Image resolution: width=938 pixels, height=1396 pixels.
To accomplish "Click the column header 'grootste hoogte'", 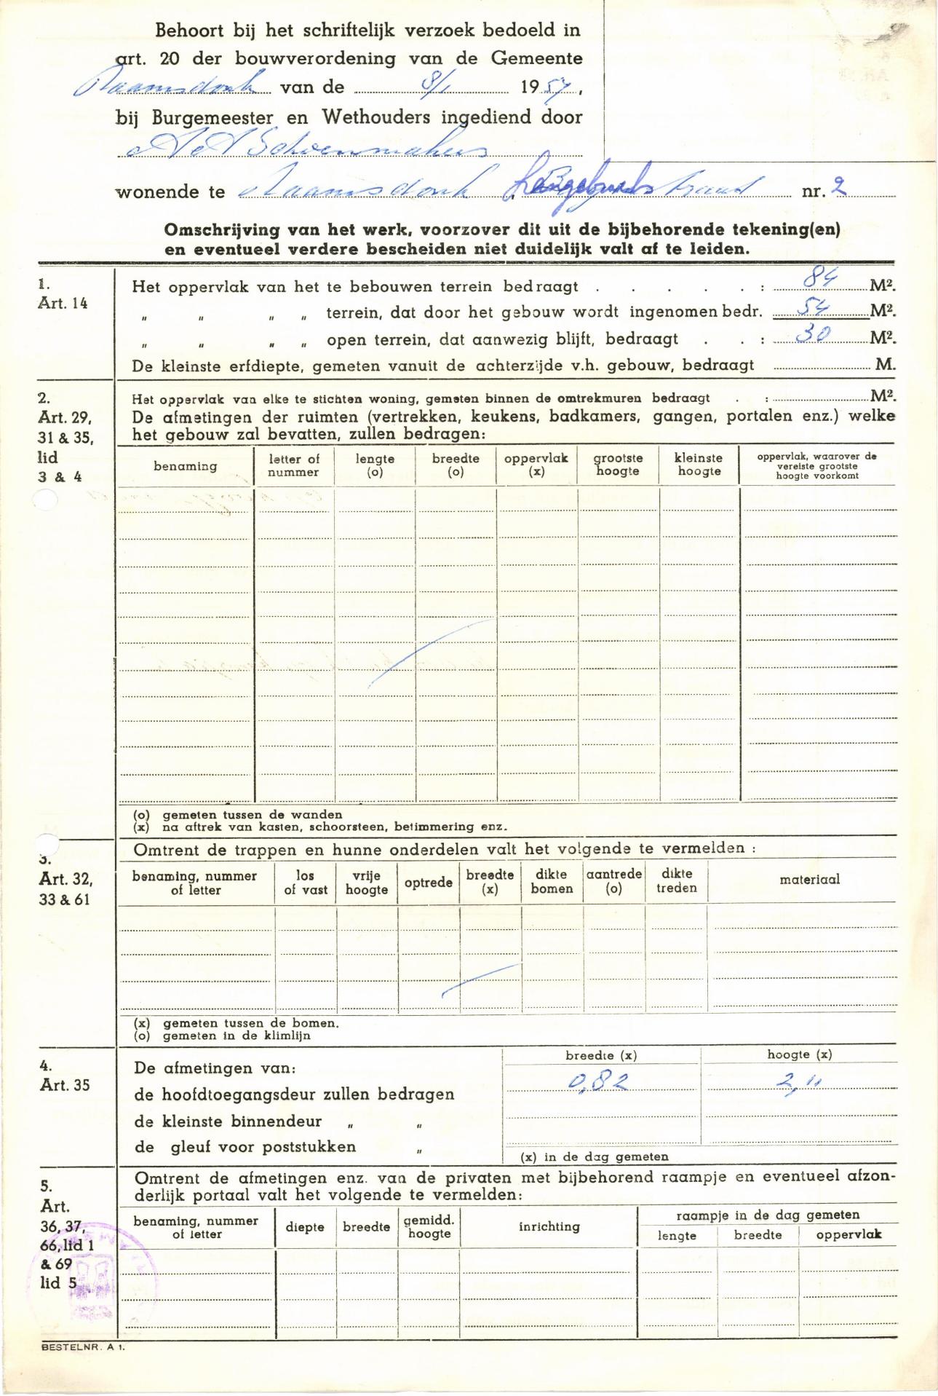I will coord(618,465).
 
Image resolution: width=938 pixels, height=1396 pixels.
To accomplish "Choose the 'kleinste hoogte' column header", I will coord(699,465).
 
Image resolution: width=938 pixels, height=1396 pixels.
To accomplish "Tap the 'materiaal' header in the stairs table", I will coord(809,880).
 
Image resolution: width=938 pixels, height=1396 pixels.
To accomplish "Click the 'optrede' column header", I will coord(429,883).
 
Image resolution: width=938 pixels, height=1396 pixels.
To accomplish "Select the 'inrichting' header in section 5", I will coord(549,1226).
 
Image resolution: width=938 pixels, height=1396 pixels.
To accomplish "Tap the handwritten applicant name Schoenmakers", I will coord(306,147).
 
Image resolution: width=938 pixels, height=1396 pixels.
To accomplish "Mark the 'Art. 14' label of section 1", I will coord(63,304).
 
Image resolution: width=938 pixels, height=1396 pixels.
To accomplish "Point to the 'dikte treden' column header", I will coord(676,880).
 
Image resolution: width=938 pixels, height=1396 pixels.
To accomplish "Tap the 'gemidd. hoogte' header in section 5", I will coord(429,1226).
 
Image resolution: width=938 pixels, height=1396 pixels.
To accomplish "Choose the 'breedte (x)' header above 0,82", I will coord(601,1055).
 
